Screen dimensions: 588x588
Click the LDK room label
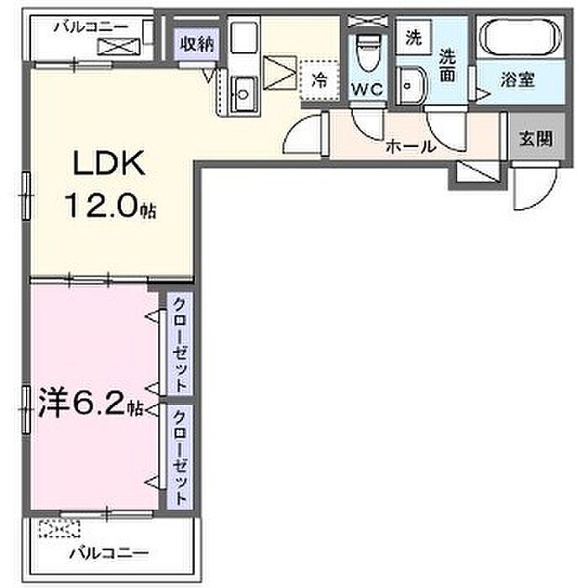click(x=108, y=163)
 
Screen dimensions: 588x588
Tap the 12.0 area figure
click(x=102, y=206)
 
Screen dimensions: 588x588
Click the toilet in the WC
click(x=367, y=52)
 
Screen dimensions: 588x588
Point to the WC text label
click(x=367, y=89)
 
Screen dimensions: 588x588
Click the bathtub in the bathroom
click(x=521, y=37)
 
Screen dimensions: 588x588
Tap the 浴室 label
click(x=517, y=80)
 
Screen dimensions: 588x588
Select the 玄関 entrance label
click(x=536, y=139)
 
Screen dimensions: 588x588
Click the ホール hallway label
click(x=412, y=146)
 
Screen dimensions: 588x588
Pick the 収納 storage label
click(x=197, y=45)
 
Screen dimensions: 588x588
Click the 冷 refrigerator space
click(x=320, y=80)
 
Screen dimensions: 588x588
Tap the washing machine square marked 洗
click(x=413, y=38)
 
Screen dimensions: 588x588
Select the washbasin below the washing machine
click(x=412, y=87)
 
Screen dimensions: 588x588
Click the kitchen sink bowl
click(x=243, y=94)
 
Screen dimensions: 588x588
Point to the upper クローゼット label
click(x=180, y=344)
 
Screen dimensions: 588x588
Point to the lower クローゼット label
click(x=180, y=457)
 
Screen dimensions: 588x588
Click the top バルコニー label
click(x=91, y=27)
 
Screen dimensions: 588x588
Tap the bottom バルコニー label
click(x=109, y=553)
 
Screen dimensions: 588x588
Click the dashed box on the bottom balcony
click(x=60, y=528)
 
